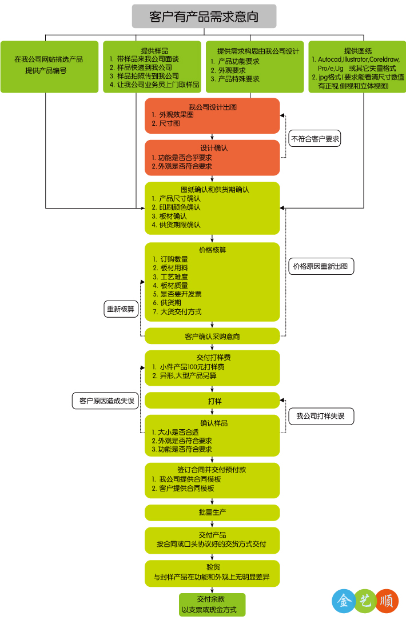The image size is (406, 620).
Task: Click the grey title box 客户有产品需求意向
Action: click(204, 17)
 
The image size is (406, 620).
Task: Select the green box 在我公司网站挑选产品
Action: click(49, 66)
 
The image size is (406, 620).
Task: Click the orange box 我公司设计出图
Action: click(212, 115)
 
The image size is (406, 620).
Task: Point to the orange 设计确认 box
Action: click(212, 157)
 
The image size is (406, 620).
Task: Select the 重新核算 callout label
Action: click(121, 309)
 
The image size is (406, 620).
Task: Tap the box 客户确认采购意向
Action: click(212, 336)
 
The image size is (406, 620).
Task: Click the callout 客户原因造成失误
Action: click(106, 401)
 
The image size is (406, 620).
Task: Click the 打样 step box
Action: click(212, 401)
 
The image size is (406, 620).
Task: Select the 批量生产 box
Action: click(212, 513)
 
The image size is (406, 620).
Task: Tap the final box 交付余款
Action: click(212, 605)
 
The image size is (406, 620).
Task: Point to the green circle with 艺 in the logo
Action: click(365, 601)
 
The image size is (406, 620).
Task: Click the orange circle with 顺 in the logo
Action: click(387, 601)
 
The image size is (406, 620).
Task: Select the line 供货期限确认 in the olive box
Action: click(180, 225)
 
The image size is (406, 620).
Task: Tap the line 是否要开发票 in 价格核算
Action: click(180, 294)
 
